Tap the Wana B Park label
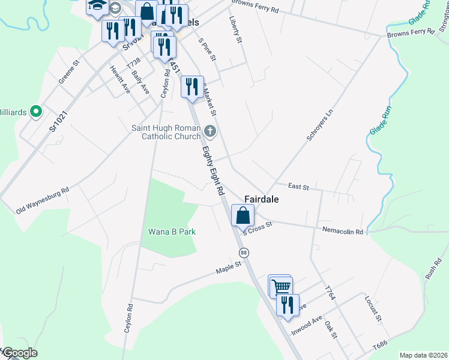(x=172, y=231)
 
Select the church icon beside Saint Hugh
(x=209, y=130)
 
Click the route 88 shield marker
(x=243, y=252)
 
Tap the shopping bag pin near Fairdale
(x=243, y=216)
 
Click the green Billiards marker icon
(x=35, y=111)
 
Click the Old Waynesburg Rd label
(x=43, y=199)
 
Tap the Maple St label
(x=229, y=268)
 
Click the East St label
(x=298, y=187)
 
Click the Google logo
(x=19, y=353)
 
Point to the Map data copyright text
(x=423, y=355)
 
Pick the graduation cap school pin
(x=96, y=7)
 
